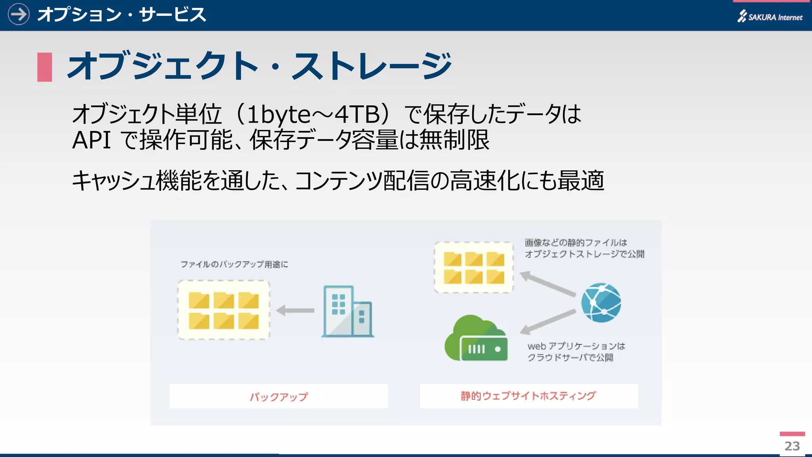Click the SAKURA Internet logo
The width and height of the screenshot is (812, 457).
(x=770, y=17)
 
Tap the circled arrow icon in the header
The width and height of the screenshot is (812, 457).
(x=19, y=15)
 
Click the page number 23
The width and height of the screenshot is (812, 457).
(x=792, y=446)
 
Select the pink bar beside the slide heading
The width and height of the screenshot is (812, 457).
(x=44, y=67)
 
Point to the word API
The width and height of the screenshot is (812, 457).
(x=91, y=140)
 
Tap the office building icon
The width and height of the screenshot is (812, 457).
(x=348, y=311)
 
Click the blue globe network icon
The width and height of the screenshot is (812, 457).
(x=601, y=303)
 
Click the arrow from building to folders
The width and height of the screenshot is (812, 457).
(x=295, y=310)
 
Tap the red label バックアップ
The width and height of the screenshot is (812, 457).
(x=278, y=396)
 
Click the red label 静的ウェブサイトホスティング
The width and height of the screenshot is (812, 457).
(x=528, y=396)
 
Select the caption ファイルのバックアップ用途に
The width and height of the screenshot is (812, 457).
(x=234, y=264)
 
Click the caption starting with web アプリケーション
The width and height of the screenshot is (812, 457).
(x=576, y=352)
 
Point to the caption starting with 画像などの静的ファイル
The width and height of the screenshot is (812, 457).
(x=584, y=248)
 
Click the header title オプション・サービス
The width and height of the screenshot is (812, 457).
(x=121, y=15)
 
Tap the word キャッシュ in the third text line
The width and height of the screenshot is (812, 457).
(x=113, y=181)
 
